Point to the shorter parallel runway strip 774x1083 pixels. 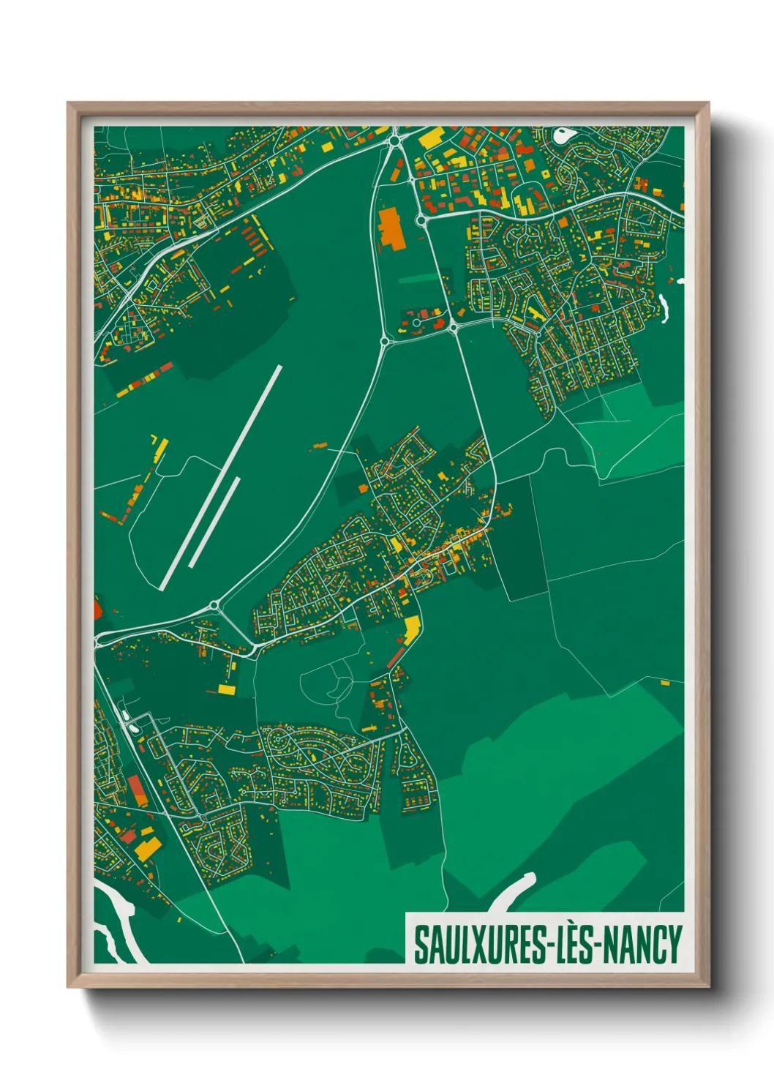[214, 522]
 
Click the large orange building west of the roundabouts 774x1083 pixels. [390, 228]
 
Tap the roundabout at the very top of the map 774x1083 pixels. [396, 140]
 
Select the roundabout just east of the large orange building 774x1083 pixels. [421, 220]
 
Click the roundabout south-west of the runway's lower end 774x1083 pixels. [214, 605]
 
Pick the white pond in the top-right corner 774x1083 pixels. [564, 135]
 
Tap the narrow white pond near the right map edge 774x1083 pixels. [665, 307]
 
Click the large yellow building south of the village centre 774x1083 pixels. [412, 627]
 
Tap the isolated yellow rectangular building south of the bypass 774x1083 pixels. [227, 689]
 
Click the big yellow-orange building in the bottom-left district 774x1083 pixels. [149, 849]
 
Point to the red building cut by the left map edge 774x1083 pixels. [98, 607]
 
